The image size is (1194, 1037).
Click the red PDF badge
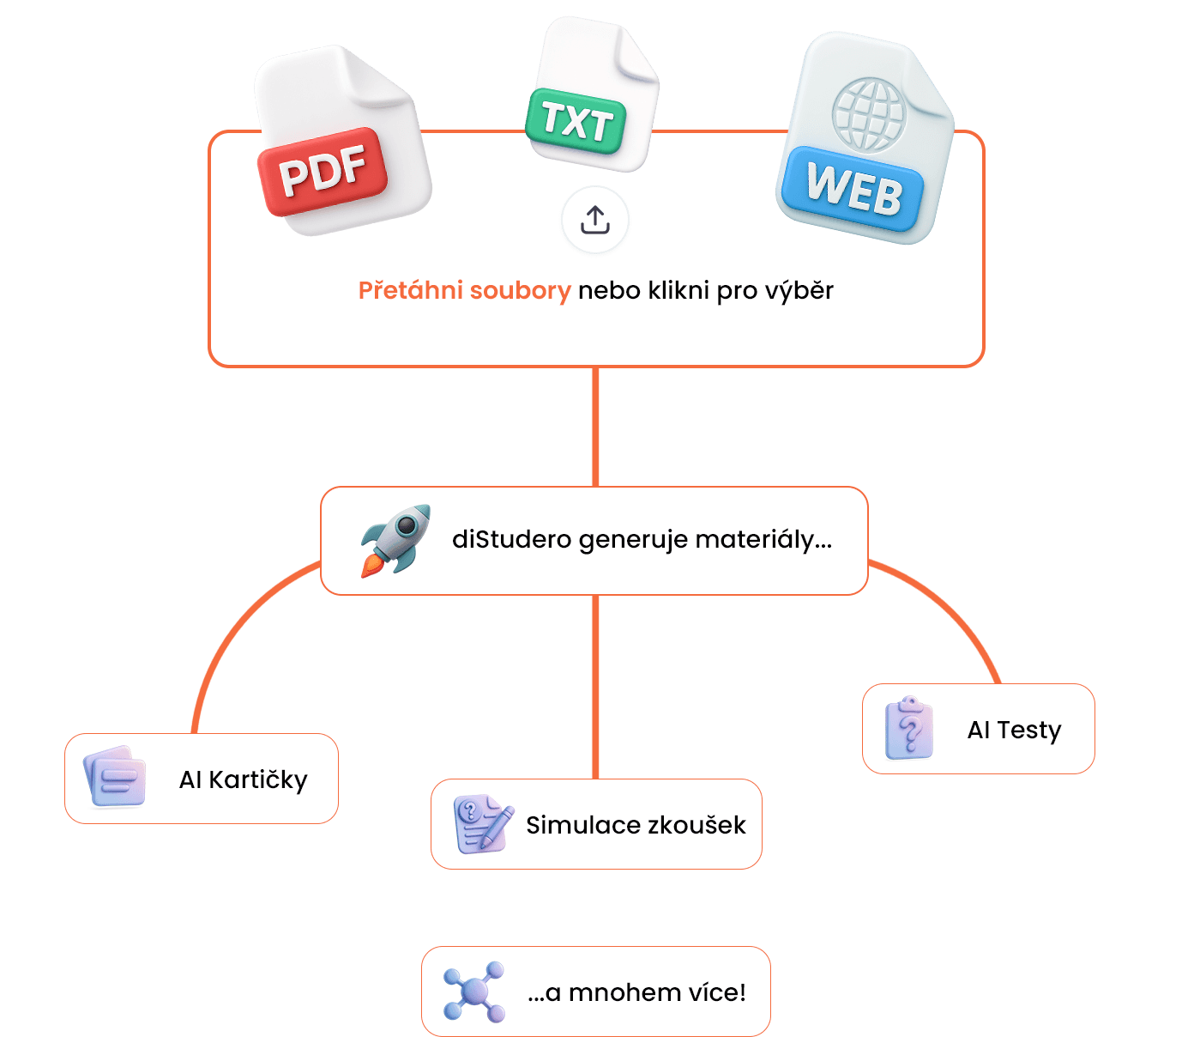pyautogui.click(x=323, y=171)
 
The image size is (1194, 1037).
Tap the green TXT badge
pyautogui.click(x=576, y=121)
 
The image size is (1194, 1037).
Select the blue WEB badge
pyautogui.click(x=853, y=189)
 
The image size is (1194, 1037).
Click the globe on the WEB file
pyautogui.click(x=869, y=114)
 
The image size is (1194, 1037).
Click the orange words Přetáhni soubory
pyautogui.click(x=464, y=291)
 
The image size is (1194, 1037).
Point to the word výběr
pyautogui.click(x=799, y=291)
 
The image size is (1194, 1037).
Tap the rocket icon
pyautogui.click(x=395, y=540)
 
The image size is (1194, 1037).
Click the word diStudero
pyautogui.click(x=511, y=540)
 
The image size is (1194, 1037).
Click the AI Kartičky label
pyautogui.click(x=243, y=779)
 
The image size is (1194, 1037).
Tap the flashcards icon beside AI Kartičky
pyautogui.click(x=115, y=777)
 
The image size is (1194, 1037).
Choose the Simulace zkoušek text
pyautogui.click(x=636, y=825)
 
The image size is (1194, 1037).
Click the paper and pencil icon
pyautogui.click(x=483, y=824)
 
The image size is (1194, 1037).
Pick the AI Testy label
pyautogui.click(x=1014, y=730)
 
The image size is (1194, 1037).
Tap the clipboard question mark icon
pyautogui.click(x=909, y=728)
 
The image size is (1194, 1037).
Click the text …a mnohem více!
pyautogui.click(x=636, y=992)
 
